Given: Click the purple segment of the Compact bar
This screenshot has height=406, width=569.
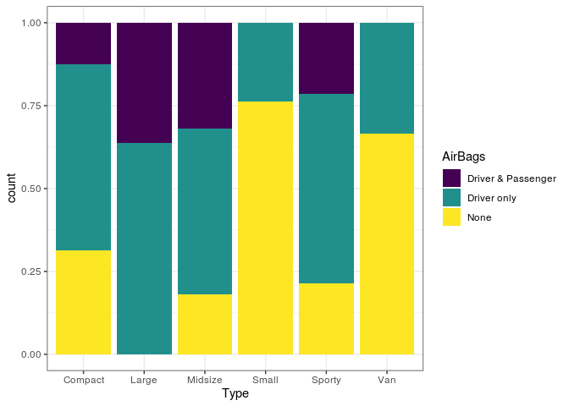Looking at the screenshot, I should pos(84,43).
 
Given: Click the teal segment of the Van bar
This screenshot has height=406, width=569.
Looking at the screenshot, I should pos(387,78).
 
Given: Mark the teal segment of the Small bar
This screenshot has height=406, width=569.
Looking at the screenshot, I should pos(265,62).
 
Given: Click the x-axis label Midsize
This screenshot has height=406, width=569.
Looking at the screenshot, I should pos(205,380).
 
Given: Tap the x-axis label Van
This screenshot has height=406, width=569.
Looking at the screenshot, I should pos(387,380).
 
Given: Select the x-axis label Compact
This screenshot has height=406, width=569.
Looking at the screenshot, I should pos(84,380).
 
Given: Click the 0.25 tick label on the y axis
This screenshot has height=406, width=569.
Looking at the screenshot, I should pos(34,272).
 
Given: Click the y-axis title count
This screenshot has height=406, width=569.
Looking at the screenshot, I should pos(13,189).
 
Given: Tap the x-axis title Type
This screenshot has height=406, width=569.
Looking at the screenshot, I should pos(235,394).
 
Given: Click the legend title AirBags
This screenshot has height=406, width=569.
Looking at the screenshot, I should pos(463,156).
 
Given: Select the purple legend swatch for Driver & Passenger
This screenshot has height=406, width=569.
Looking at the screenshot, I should pos(452,178).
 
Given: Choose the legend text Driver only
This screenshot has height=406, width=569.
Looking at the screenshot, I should pos(492,198).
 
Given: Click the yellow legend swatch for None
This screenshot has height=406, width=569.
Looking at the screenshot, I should pos(452,217).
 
